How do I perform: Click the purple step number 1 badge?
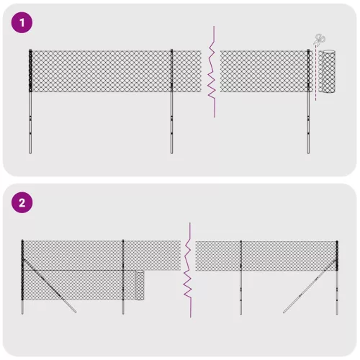[x=22, y=23]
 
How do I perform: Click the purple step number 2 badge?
[x=22, y=202]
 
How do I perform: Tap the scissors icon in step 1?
[x=319, y=40]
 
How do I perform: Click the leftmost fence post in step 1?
[x=30, y=108]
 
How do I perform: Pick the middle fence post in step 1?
[x=172, y=108]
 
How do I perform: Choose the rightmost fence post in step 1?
[x=309, y=108]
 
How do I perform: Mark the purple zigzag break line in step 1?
[x=212, y=72]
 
